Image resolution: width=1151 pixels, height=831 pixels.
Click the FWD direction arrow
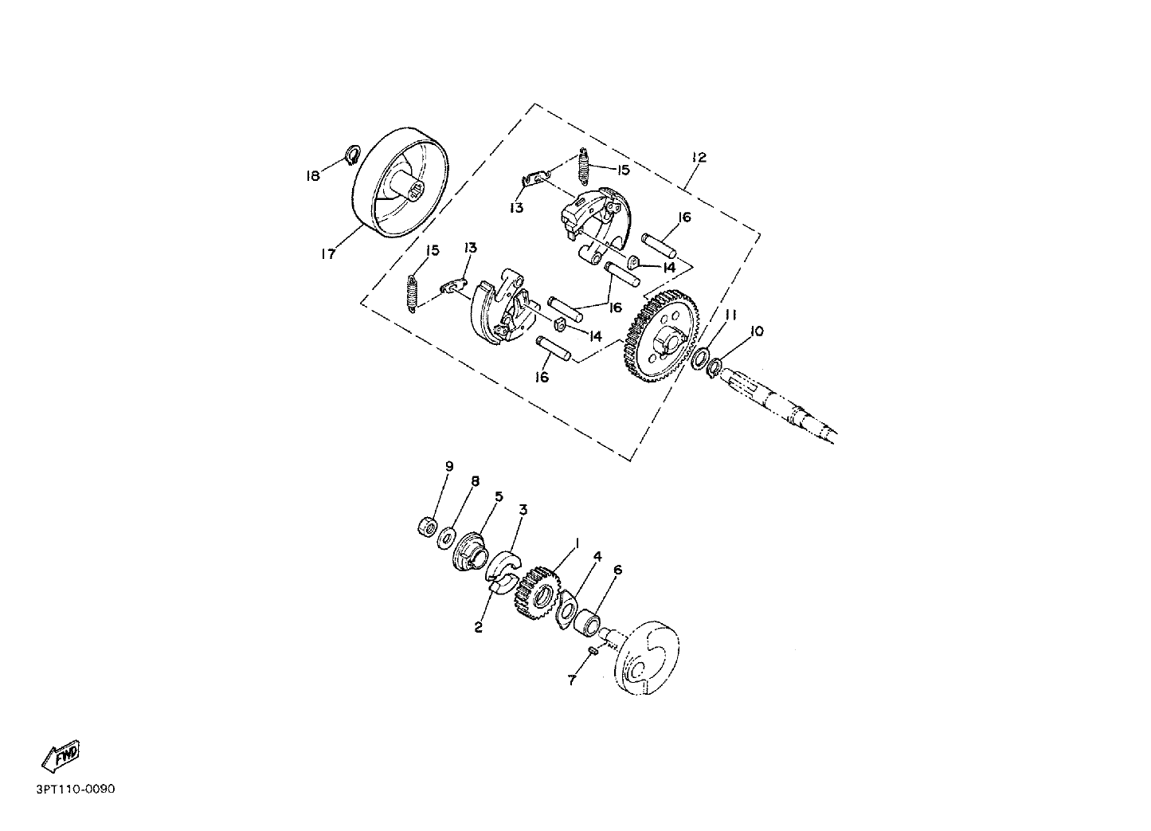[x=61, y=756]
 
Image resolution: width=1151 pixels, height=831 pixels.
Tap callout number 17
[x=328, y=254]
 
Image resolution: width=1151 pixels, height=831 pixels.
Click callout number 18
[x=312, y=176]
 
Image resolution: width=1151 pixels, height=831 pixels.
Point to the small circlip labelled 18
[x=353, y=155]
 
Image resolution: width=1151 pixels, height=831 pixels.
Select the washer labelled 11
[x=699, y=359]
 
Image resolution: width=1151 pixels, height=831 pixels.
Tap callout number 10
[x=757, y=331]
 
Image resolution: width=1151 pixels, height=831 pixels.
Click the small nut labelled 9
[x=427, y=527]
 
